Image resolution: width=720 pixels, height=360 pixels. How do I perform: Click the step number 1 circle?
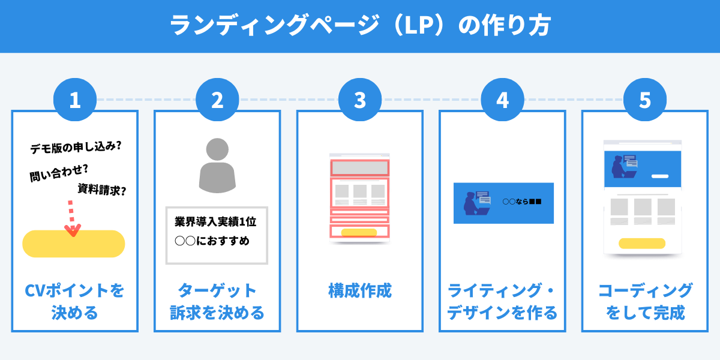point(74,100)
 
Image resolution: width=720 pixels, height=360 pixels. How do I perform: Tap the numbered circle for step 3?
point(360,100)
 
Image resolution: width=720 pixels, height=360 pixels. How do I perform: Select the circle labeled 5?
point(645,100)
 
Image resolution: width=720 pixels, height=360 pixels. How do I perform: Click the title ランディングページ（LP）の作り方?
point(360,26)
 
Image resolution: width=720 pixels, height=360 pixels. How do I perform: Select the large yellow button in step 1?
point(74,244)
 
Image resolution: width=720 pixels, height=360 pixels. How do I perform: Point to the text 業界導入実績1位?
point(216,222)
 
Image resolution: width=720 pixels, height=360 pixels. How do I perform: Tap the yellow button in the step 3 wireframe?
point(359,233)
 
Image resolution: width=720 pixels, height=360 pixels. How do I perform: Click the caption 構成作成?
point(360,291)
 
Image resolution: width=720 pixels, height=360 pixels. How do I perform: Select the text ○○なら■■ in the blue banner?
point(522,202)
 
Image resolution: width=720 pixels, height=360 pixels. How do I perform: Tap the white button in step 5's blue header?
point(659,176)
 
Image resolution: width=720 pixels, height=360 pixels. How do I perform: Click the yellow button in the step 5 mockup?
point(642,243)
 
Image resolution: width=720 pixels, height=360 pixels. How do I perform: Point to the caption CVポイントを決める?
point(74,302)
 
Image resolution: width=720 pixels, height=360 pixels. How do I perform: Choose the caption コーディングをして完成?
point(645,302)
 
